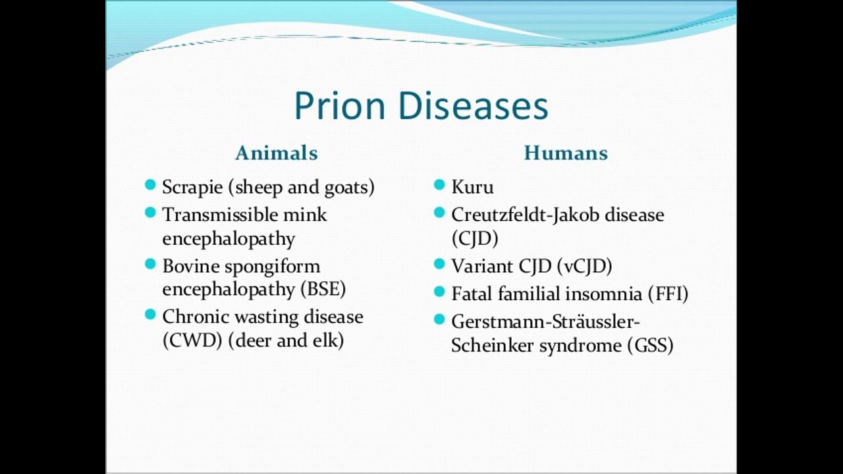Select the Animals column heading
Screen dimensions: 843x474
[277, 153]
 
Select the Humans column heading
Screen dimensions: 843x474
[566, 153]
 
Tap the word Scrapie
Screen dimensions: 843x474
[192, 188]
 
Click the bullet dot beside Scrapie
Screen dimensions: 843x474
[150, 185]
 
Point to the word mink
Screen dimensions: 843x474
[305, 215]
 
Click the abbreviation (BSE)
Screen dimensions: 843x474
[323, 289]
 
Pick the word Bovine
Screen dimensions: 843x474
[191, 267]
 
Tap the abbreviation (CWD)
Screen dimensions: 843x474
[192, 340]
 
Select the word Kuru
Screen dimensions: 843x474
[472, 187]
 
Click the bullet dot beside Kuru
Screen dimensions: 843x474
[439, 185]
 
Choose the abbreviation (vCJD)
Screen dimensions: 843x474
[584, 267]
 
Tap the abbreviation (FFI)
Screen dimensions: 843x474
[668, 294]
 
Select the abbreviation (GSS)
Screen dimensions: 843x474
[650, 346]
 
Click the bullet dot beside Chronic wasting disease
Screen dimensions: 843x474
[150, 314]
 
